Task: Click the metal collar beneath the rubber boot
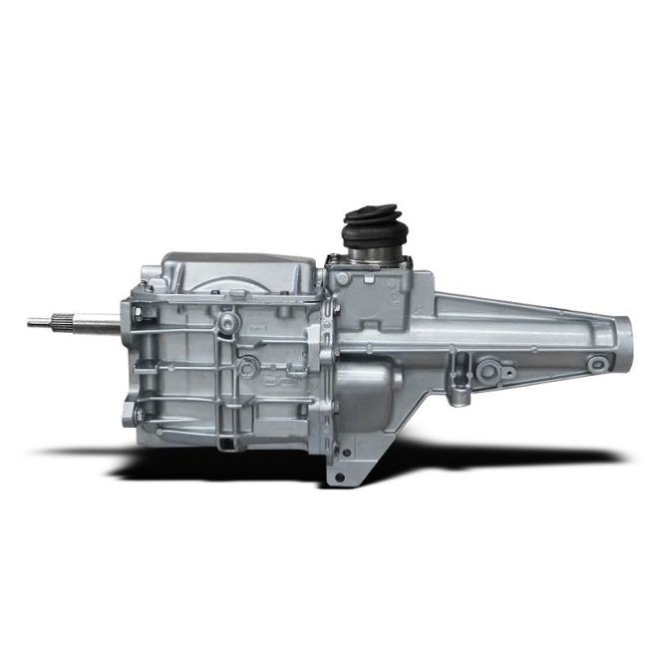click(x=367, y=262)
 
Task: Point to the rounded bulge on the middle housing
click(x=364, y=394)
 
